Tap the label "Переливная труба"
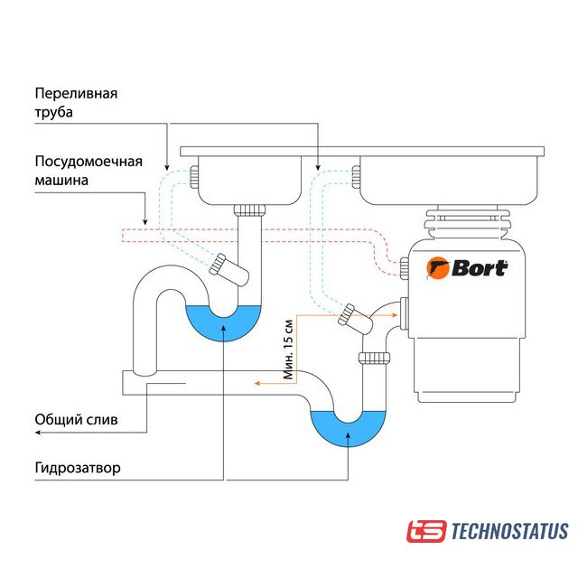tap(77, 103)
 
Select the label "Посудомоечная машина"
tap(89, 171)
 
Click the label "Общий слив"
tap(76, 420)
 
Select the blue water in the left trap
tap(223, 322)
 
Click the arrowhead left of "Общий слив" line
tap(38, 433)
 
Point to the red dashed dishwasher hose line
tap(271, 236)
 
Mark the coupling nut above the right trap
tap(373, 359)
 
